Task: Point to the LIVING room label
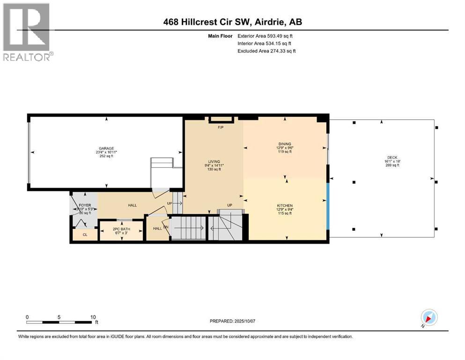[x=214, y=162]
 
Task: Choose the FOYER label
[x=84, y=205]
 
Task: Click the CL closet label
[x=85, y=235]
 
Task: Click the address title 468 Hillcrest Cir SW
[x=232, y=22]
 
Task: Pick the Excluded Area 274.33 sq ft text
[x=266, y=51]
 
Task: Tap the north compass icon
[x=429, y=318]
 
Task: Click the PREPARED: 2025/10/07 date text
[x=232, y=321]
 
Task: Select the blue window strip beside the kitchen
[x=328, y=206]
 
